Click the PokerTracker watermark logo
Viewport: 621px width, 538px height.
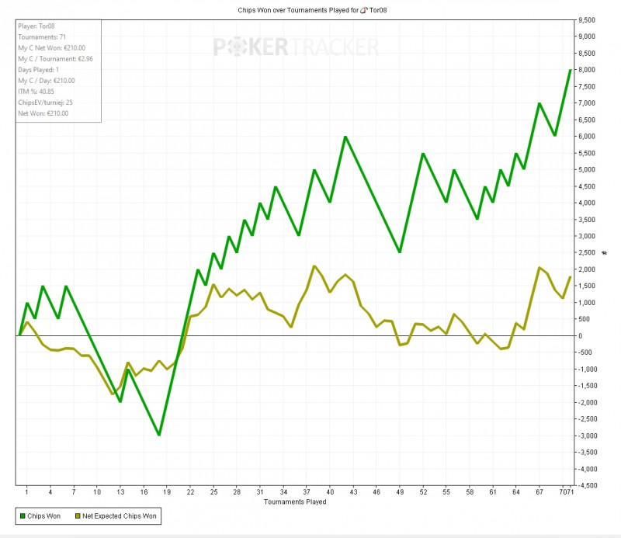(296, 47)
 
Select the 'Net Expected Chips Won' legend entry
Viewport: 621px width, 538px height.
(117, 515)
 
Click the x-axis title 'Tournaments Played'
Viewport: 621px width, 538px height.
(294, 502)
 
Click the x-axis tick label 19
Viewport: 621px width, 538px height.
(168, 491)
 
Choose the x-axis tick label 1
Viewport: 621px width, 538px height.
(27, 491)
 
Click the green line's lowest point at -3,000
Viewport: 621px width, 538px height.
(159, 435)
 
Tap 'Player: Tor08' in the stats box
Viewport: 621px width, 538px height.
(38, 25)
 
